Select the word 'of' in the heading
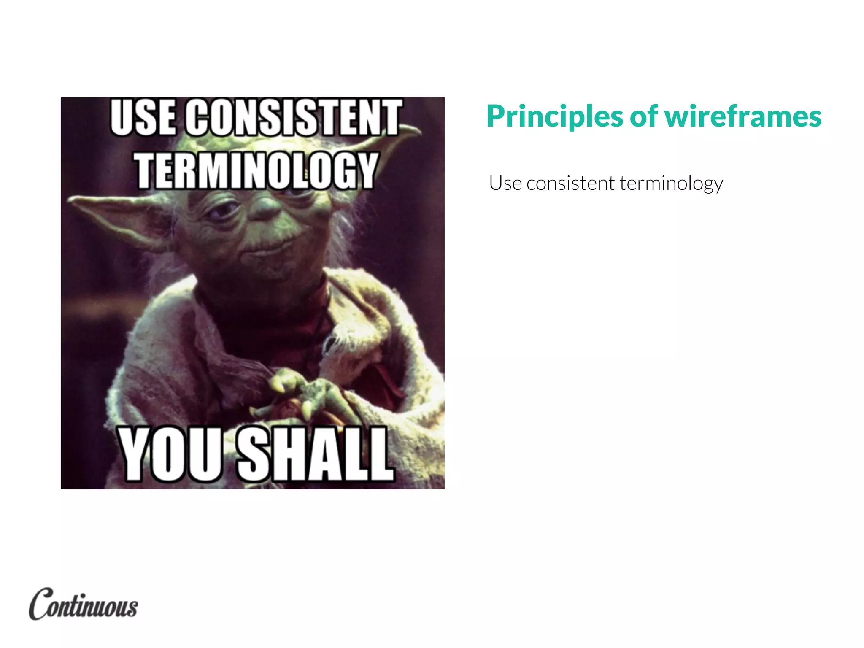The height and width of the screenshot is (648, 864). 644,116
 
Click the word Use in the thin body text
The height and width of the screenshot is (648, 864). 505,184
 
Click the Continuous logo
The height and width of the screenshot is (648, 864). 84,604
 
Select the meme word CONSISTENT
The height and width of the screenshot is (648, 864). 294,117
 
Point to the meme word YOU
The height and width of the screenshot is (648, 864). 171,454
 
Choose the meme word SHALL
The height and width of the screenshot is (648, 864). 316,454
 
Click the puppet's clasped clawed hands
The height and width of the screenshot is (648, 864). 304,392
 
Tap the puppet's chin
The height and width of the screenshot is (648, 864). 274,270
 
